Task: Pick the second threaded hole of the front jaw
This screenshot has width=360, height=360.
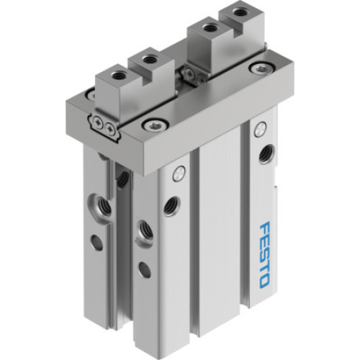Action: (x=150, y=55)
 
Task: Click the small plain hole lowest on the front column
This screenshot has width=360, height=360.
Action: (x=144, y=269)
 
